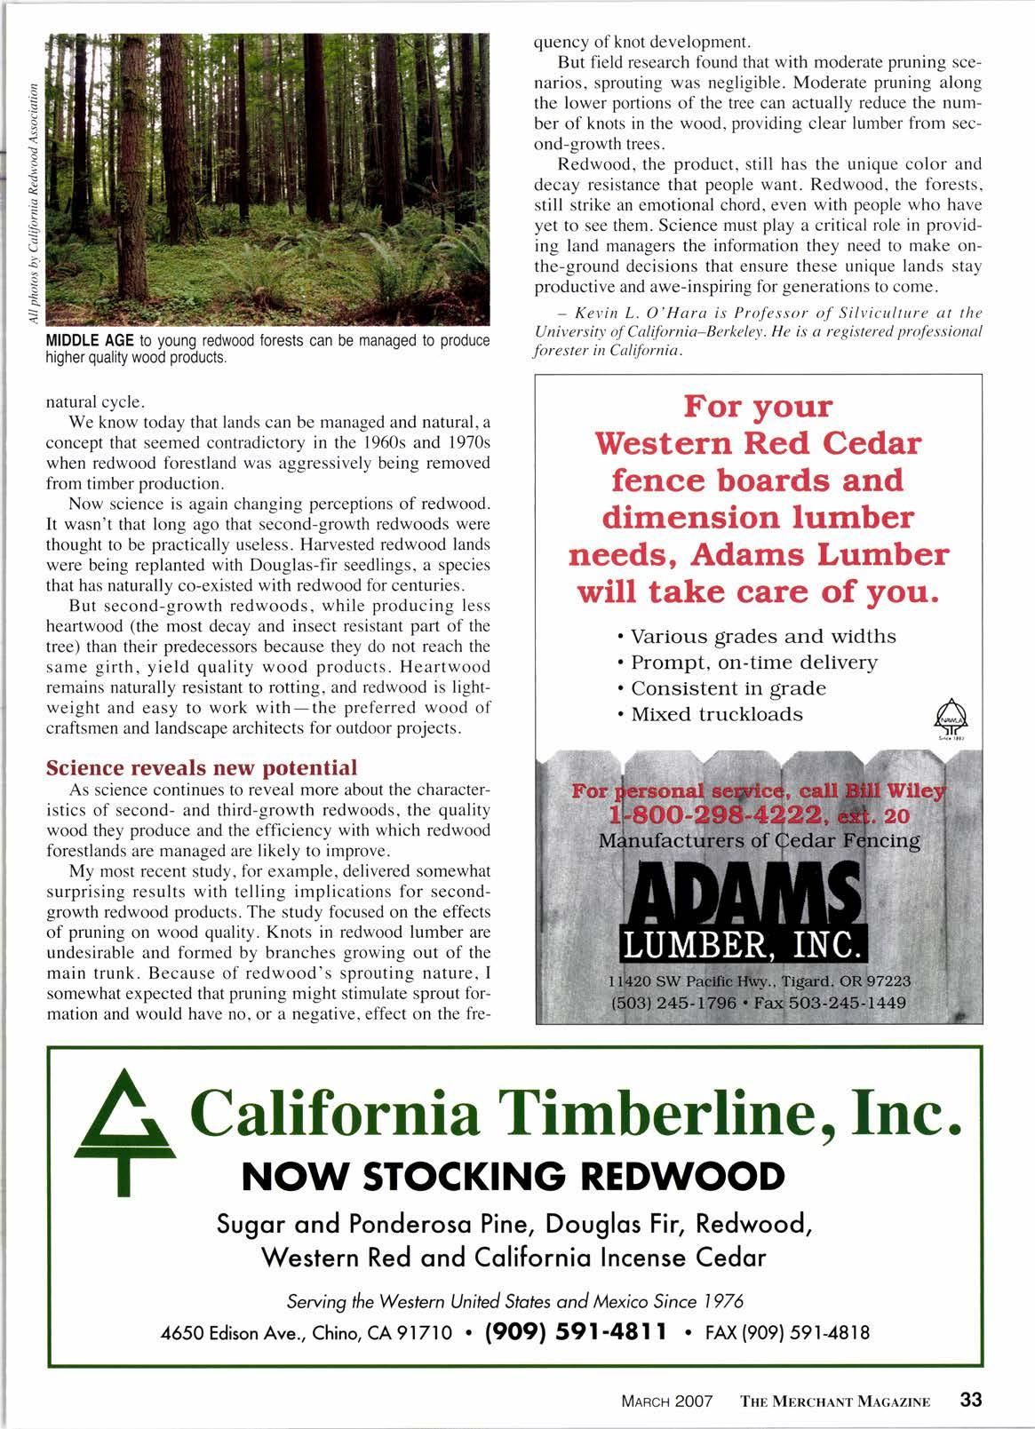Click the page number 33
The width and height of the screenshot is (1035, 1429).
[x=970, y=1401]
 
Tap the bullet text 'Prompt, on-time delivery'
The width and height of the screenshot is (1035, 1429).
[x=753, y=663]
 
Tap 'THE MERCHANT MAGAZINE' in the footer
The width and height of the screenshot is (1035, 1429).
[x=835, y=1402]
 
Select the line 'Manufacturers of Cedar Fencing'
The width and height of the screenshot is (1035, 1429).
[x=747, y=839]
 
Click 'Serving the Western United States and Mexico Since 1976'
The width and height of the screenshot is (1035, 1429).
[x=514, y=1301]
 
